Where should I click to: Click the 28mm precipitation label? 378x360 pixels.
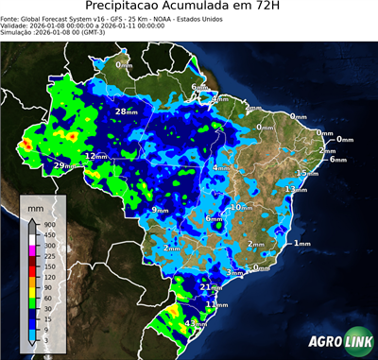(125, 111)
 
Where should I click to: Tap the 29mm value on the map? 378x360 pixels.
(62, 165)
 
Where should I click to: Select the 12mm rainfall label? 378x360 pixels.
(96, 156)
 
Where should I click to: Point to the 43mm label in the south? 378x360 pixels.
(195, 323)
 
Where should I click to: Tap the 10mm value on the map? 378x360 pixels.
(241, 207)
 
